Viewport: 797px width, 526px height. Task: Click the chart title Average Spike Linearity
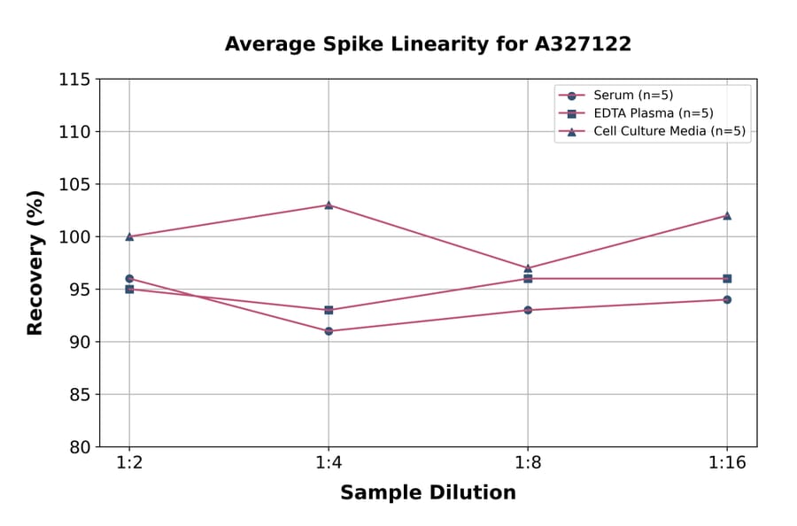428,44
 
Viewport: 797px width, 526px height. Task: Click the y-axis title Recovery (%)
35,263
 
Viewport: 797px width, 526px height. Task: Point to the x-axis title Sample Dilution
428,493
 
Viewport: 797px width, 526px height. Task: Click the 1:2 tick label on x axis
129,464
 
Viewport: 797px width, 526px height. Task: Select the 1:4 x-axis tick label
329,464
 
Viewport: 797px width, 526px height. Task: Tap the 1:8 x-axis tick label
528,464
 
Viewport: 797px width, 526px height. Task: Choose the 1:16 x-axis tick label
727,464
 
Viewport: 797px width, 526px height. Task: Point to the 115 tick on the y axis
74,80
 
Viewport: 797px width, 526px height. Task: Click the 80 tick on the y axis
79,447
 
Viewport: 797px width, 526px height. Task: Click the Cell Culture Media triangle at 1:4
329,205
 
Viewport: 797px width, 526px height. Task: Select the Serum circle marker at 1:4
329,331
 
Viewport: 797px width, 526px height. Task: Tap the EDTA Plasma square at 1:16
727,278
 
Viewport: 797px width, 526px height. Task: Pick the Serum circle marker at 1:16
727,299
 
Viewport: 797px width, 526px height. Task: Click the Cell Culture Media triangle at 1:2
129,236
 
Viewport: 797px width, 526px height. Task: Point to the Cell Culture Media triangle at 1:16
727,215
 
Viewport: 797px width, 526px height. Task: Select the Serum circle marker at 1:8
528,310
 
